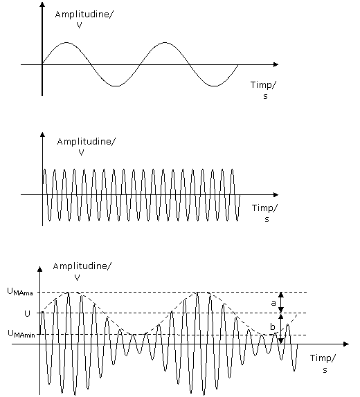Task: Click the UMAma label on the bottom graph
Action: click(20, 292)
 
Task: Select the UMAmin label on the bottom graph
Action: click(21, 334)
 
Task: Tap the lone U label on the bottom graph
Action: click(27, 314)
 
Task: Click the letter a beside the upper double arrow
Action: click(273, 303)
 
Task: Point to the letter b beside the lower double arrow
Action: click(273, 327)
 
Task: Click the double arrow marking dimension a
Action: click(281, 302)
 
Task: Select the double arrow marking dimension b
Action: click(281, 329)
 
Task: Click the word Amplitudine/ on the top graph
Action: click(84, 15)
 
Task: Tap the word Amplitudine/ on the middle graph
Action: click(87, 142)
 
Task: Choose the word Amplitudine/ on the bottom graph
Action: click(82, 266)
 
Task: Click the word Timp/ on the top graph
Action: click(263, 85)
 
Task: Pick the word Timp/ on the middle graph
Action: click(265, 208)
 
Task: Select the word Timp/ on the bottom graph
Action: click(323, 358)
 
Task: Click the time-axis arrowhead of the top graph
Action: click(276, 64)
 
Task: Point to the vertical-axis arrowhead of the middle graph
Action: click(43, 134)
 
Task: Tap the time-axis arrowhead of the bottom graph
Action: click(346, 344)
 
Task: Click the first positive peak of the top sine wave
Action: click(66, 43)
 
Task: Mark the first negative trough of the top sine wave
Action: click(116, 86)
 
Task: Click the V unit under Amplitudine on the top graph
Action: click(80, 26)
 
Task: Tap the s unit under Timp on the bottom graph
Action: click(325, 370)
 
